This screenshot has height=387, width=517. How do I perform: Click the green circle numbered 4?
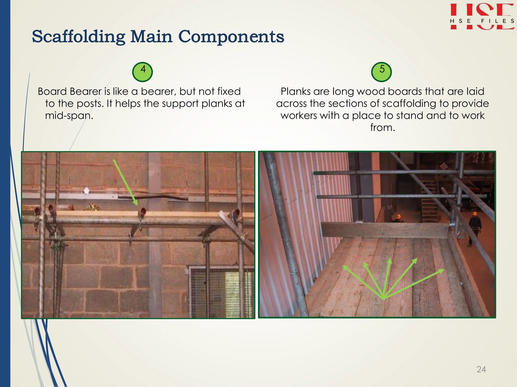(x=142, y=72)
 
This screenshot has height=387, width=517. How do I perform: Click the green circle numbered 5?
(x=381, y=72)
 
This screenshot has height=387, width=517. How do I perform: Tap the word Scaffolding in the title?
(x=79, y=37)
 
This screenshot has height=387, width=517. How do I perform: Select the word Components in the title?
(x=231, y=37)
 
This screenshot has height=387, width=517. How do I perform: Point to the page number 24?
(x=481, y=369)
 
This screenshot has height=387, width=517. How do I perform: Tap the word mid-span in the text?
(x=69, y=116)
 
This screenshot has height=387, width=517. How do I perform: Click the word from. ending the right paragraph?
(x=382, y=128)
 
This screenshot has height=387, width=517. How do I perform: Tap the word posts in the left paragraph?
(x=90, y=104)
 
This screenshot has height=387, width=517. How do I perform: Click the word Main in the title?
(x=151, y=37)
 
